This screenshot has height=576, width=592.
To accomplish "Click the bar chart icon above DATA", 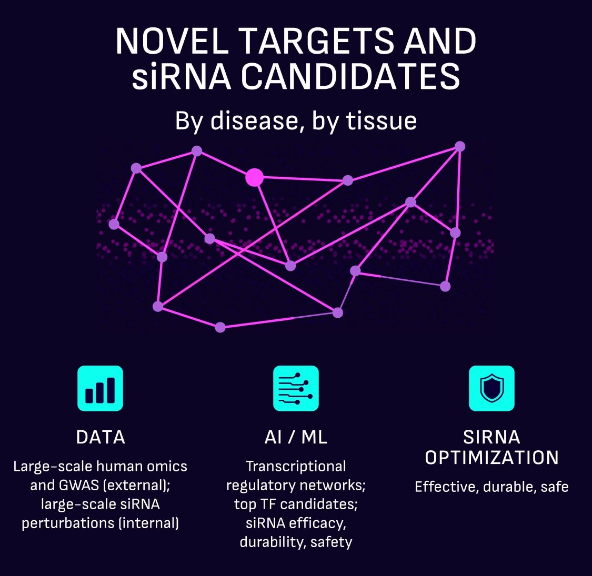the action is [100, 388].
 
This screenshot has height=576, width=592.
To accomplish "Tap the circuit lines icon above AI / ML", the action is [296, 388].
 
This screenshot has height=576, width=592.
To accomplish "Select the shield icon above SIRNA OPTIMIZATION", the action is [491, 388].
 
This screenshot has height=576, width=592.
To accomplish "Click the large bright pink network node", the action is [255, 177].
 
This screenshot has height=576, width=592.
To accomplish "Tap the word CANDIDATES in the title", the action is [350, 76].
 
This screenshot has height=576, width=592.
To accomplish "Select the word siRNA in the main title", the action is [181, 76].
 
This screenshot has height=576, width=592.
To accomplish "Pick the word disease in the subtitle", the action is [257, 121].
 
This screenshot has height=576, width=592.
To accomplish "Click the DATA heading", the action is [101, 437].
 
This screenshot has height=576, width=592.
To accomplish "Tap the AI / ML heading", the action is [296, 437].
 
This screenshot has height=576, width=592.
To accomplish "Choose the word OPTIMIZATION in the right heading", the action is [491, 458].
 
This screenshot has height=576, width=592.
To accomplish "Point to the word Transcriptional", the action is [296, 467].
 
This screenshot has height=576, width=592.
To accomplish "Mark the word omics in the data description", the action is [167, 467].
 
